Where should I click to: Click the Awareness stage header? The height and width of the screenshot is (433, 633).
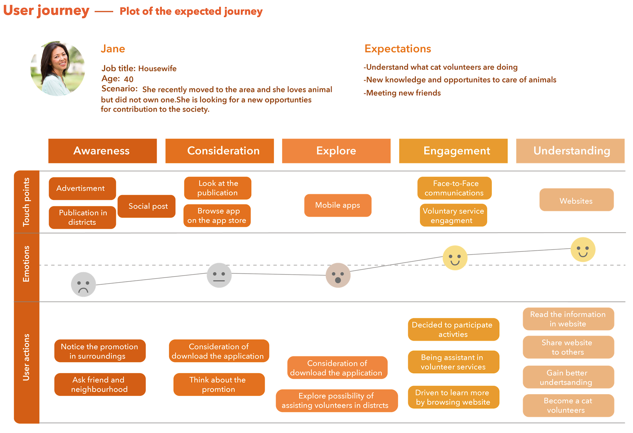102,151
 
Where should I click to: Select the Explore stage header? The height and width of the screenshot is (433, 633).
336,151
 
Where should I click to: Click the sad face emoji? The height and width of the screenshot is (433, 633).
83,284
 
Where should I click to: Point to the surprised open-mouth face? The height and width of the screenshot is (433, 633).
338,275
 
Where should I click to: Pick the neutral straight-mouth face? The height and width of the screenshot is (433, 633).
219,275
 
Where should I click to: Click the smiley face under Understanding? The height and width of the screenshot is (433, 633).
583,250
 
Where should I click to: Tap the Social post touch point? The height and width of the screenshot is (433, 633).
146,206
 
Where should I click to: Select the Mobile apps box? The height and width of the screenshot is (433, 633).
337,205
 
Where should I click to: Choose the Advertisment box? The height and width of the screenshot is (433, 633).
82,188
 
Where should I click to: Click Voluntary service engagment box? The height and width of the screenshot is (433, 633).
453,215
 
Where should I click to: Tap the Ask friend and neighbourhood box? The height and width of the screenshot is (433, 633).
100,384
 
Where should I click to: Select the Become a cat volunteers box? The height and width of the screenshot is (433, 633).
568,405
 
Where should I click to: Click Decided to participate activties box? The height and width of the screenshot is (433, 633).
453,329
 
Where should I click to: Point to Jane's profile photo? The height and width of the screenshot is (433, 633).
58,68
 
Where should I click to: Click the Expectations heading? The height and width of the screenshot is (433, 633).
398,49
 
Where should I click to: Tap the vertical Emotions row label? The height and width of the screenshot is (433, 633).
27,264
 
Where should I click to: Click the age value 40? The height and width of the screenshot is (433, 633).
129,79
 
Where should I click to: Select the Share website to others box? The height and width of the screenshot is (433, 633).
568,347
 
